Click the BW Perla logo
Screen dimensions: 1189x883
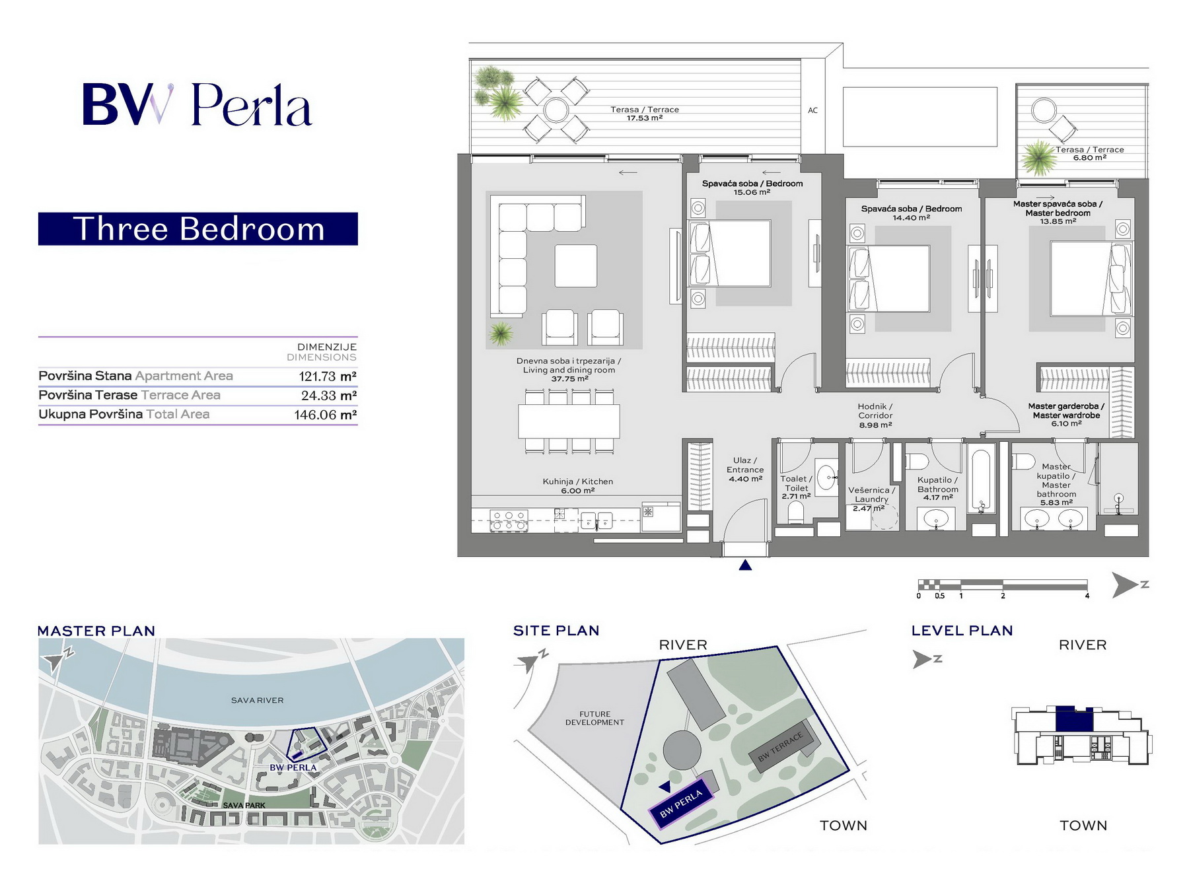(197, 104)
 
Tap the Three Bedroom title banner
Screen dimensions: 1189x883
(198, 229)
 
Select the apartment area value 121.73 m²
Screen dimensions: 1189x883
(328, 376)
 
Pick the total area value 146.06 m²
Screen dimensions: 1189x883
(326, 415)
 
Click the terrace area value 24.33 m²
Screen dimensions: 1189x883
(329, 396)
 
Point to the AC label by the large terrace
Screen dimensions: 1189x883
(812, 110)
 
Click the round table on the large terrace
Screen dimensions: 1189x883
(556, 110)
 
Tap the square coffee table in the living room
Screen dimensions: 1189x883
(575, 266)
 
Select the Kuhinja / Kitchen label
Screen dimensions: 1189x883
(578, 481)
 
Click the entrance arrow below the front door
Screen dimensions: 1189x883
(745, 565)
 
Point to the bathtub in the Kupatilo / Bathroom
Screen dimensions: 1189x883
(981, 480)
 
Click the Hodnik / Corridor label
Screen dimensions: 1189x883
(875, 411)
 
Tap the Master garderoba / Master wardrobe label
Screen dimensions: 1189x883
(1066, 411)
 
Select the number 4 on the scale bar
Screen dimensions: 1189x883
(1087, 596)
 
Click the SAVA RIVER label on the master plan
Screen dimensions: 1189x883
(257, 700)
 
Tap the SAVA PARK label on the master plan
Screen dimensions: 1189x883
(244, 805)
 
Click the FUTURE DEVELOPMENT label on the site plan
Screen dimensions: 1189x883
(594, 718)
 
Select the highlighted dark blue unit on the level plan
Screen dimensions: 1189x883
(1074, 719)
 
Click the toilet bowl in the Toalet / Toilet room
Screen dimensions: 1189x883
(796, 513)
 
